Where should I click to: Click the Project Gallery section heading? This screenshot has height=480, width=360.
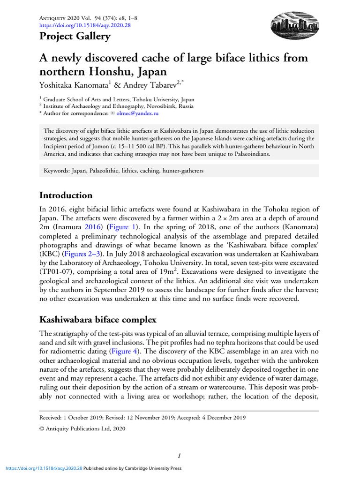75,37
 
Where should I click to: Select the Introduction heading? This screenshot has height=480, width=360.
66,195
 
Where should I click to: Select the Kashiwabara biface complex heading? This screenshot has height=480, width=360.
98,320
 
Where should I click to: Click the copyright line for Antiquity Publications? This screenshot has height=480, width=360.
82,428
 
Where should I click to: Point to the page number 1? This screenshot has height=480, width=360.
180,455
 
